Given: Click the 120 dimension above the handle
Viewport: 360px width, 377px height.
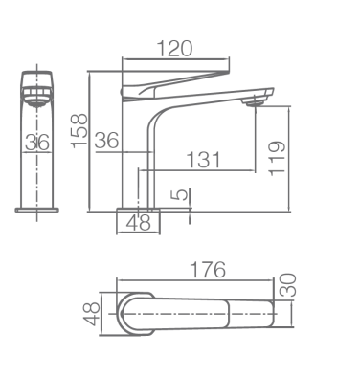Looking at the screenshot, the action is [x=175, y=49].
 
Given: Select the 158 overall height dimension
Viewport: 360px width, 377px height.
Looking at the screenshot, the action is [x=79, y=131].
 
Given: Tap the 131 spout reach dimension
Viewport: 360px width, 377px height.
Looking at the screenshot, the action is [x=203, y=160].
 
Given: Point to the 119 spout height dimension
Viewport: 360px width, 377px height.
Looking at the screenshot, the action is [x=277, y=158].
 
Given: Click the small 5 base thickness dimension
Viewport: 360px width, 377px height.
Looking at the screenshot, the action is [x=182, y=194].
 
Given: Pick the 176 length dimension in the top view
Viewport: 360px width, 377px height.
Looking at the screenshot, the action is [x=208, y=270].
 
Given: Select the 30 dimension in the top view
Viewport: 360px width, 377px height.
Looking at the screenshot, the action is [x=287, y=285].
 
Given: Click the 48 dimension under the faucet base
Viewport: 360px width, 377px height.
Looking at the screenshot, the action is [x=138, y=223].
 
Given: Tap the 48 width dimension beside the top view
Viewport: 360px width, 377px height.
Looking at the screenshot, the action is [x=92, y=314].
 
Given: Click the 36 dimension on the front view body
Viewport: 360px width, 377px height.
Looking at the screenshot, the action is [x=37, y=143].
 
